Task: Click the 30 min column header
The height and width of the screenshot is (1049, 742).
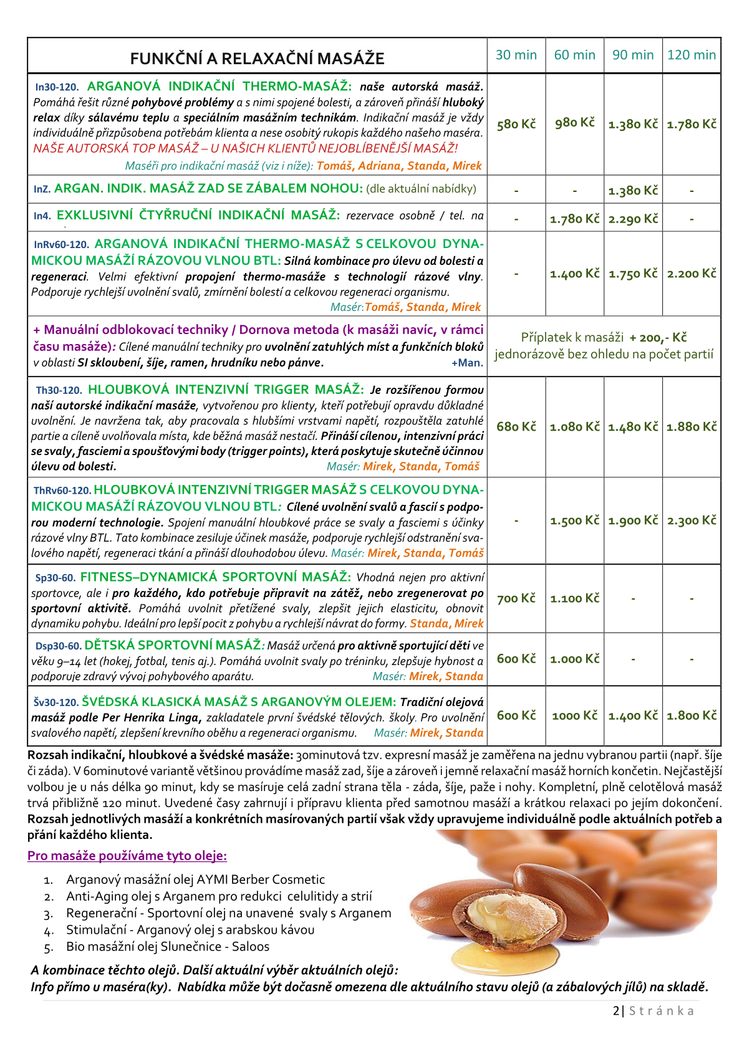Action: [x=516, y=55]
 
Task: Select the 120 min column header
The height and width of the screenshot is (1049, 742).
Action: [x=691, y=55]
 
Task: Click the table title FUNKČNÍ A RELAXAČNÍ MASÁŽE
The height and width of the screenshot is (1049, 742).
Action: [x=257, y=59]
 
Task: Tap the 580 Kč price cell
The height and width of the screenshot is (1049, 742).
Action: [x=516, y=124]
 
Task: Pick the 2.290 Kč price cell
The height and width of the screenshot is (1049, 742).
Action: [x=633, y=219]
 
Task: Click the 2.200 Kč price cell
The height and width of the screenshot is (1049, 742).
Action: [x=691, y=273]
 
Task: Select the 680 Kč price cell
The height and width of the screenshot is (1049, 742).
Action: [x=516, y=426]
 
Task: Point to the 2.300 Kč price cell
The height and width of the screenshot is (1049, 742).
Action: [x=691, y=520]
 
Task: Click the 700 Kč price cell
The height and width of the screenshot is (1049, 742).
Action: [x=516, y=598]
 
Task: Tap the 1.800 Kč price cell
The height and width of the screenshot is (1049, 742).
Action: [x=691, y=716]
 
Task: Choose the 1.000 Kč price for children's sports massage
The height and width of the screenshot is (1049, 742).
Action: [x=574, y=659]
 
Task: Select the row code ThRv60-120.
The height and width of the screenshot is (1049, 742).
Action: [x=62, y=491]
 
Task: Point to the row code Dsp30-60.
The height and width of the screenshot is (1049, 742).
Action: [x=59, y=646]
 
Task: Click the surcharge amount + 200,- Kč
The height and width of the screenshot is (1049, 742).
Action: [x=658, y=338]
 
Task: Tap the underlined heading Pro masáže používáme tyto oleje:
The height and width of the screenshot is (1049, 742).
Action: [x=127, y=856]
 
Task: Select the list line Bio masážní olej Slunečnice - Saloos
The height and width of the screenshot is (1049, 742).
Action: [x=168, y=947]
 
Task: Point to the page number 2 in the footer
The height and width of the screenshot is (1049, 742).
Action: [x=616, y=1010]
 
